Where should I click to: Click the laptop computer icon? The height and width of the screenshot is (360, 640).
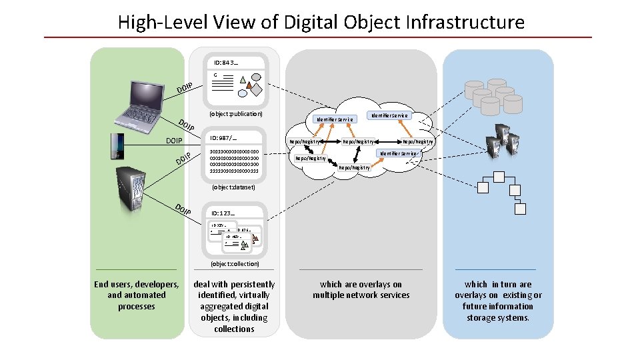pyautogui.click(x=140, y=103)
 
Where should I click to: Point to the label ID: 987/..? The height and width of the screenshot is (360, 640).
pyautogui.click(x=224, y=138)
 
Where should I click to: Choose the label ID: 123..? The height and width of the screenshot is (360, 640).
pyautogui.click(x=223, y=213)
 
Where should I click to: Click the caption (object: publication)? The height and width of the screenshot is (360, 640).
pyautogui.click(x=235, y=114)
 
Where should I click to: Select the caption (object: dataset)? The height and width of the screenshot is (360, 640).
pyautogui.click(x=233, y=187)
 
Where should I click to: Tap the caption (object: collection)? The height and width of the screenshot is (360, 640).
pyautogui.click(x=235, y=264)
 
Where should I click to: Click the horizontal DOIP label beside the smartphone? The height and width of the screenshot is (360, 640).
pyautogui.click(x=174, y=141)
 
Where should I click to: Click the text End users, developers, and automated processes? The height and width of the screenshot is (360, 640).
pyautogui.click(x=136, y=295)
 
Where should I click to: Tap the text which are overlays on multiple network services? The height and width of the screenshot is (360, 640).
pyautogui.click(x=361, y=289)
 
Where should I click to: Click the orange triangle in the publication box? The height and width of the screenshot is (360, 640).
pyautogui.click(x=249, y=86)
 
